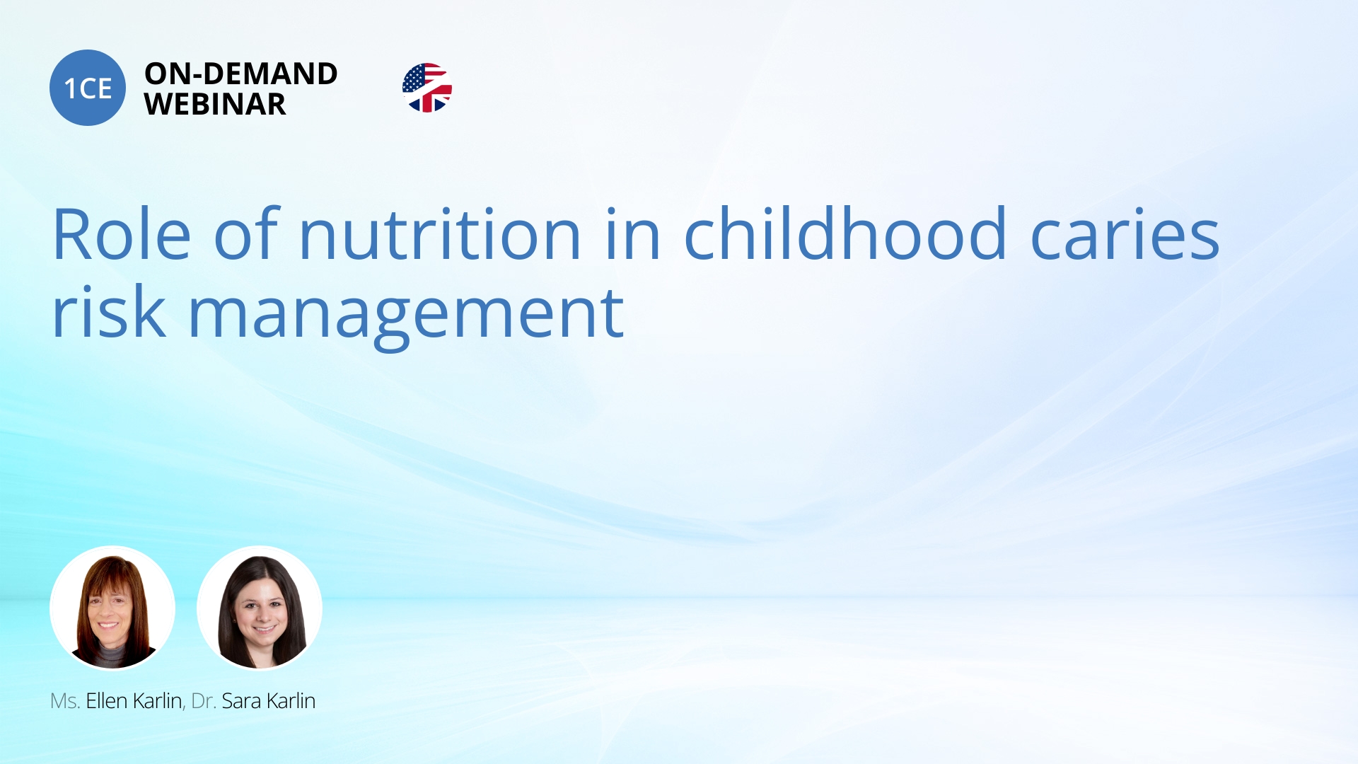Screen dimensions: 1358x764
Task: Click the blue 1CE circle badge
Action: tap(88, 88)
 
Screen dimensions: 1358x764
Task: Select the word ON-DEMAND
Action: tap(241, 74)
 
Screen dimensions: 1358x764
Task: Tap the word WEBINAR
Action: tap(215, 104)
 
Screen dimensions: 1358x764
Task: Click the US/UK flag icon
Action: tap(427, 88)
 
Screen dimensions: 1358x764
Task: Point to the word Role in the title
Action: tap(122, 233)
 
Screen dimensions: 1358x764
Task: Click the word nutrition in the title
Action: tap(440, 233)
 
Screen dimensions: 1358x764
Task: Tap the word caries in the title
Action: tap(1125, 235)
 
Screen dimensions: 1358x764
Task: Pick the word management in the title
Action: tap(406, 317)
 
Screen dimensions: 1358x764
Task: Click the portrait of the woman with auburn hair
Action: tap(112, 608)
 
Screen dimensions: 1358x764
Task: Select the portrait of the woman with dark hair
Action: tap(260, 608)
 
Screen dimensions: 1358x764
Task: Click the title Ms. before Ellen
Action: tap(64, 701)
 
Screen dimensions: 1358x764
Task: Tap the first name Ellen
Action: tap(107, 700)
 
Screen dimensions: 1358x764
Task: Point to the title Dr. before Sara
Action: tap(203, 701)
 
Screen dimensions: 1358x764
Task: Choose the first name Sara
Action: tap(241, 701)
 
